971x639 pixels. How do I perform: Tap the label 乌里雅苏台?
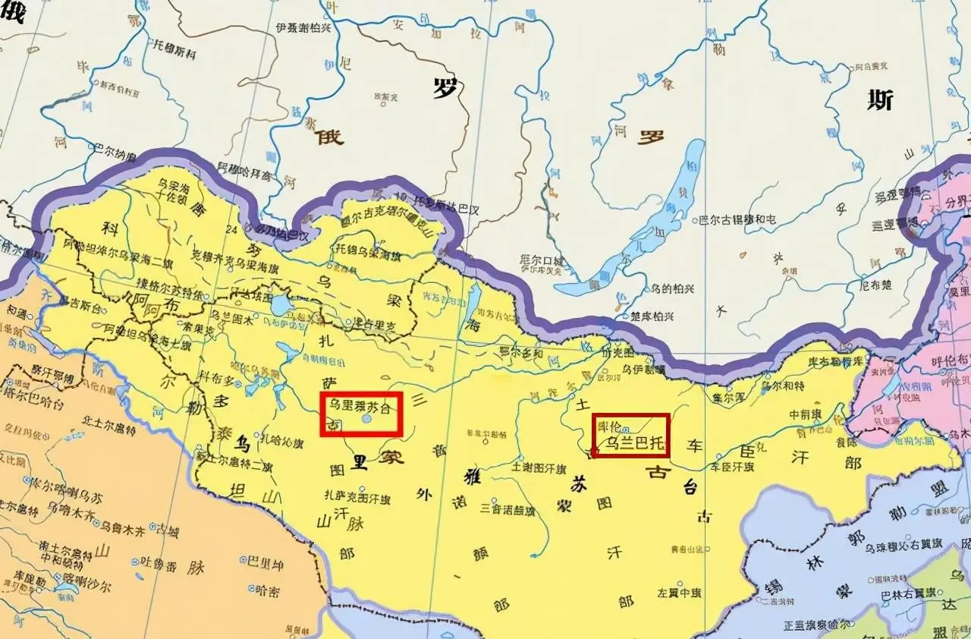click(360, 406)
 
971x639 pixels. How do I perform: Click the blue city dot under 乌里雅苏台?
click(367, 418)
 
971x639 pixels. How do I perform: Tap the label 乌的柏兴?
click(673, 288)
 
